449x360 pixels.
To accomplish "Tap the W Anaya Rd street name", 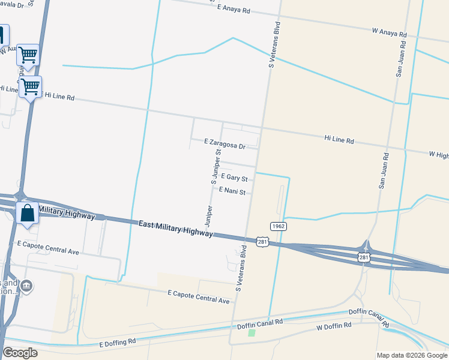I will point(390,32).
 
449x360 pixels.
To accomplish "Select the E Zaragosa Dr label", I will point(225,144).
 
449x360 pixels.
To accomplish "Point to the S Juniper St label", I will point(215,166).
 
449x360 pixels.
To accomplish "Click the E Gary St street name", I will point(234,177).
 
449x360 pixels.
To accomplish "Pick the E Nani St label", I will point(232,191).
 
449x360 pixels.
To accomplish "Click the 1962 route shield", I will point(277,226).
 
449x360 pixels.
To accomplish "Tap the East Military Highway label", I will point(175,229).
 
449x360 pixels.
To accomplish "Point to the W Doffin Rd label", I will point(334,328).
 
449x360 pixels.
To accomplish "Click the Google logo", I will point(20,353).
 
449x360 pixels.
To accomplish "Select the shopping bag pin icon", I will point(28,213).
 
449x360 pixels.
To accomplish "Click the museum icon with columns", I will point(26,286).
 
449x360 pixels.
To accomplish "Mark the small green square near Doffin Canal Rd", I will point(252,332).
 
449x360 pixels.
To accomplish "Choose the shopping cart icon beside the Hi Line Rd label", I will point(30,86).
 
